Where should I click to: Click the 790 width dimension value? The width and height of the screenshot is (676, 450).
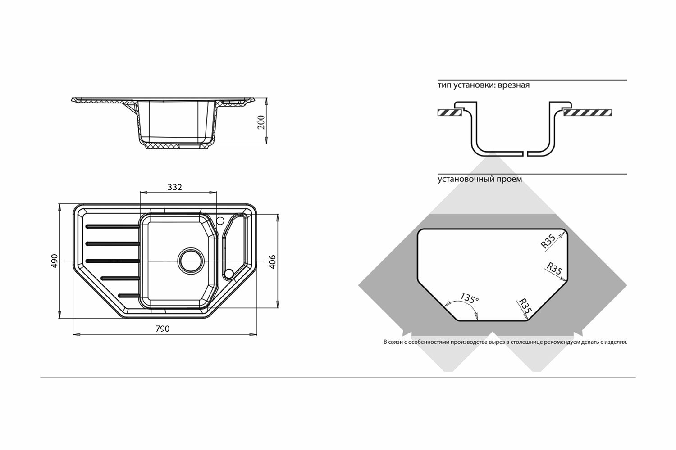point(162,329)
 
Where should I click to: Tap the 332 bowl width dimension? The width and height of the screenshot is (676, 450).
point(175,187)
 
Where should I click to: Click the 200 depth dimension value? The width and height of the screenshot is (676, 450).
point(261,121)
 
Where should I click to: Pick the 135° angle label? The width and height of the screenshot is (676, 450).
point(469,298)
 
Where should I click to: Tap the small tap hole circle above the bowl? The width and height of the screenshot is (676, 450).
point(220,220)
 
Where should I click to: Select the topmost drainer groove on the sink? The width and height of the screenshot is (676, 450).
point(112,226)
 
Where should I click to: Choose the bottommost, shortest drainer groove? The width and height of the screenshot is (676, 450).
point(129,295)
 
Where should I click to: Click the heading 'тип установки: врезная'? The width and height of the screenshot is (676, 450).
point(483,85)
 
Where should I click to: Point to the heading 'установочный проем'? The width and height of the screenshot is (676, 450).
point(480,179)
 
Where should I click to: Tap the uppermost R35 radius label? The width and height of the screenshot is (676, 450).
point(548,242)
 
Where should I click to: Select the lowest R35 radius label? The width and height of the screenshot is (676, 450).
point(525,307)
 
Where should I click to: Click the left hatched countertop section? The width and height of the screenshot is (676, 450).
point(449,113)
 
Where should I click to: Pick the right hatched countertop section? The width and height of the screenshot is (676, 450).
point(588,112)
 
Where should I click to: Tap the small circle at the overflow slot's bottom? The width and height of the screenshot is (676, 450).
point(228,273)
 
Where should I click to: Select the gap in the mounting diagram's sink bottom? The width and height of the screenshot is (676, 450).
point(526,153)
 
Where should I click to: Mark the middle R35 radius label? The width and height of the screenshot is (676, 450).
point(553,269)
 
